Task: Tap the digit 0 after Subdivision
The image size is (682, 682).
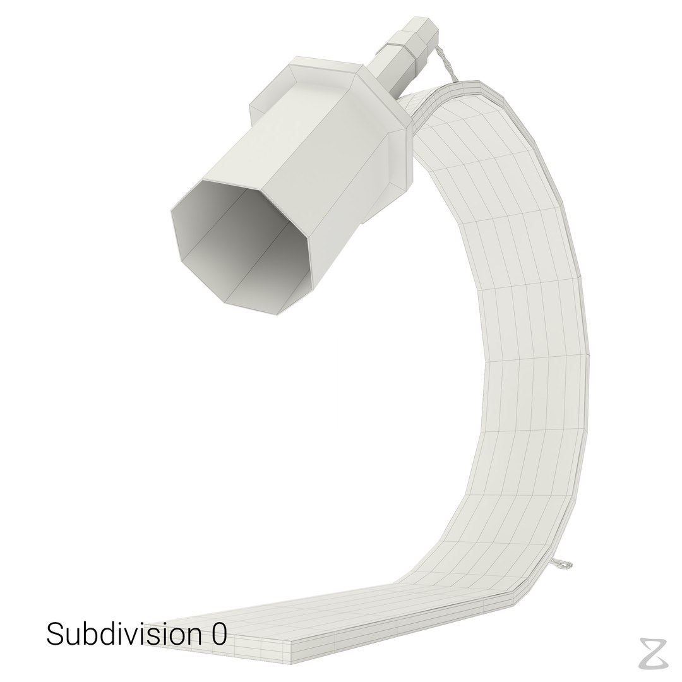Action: (218, 635)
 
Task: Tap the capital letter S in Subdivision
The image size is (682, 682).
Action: (54, 635)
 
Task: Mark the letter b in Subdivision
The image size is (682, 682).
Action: (92, 635)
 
